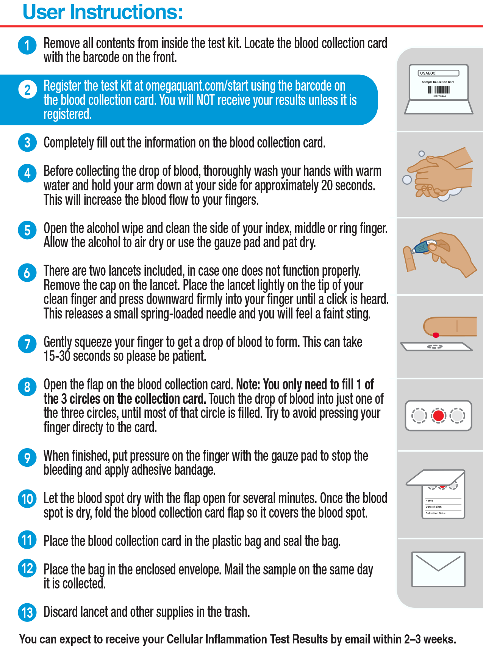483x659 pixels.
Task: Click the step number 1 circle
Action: click(27, 45)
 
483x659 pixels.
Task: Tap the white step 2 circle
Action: click(27, 89)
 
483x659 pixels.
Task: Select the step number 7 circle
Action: click(27, 344)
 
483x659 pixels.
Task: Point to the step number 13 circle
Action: click(27, 612)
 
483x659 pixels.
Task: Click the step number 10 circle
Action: click(27, 499)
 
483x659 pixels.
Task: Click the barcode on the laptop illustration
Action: click(439, 89)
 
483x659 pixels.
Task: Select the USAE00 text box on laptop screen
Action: click(439, 73)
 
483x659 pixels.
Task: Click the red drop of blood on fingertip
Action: click(436, 335)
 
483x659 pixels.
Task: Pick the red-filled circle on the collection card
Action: click(439, 416)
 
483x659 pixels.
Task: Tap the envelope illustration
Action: click(438, 569)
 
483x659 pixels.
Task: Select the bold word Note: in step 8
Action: click(248, 384)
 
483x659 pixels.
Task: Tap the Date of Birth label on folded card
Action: click(433, 507)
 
